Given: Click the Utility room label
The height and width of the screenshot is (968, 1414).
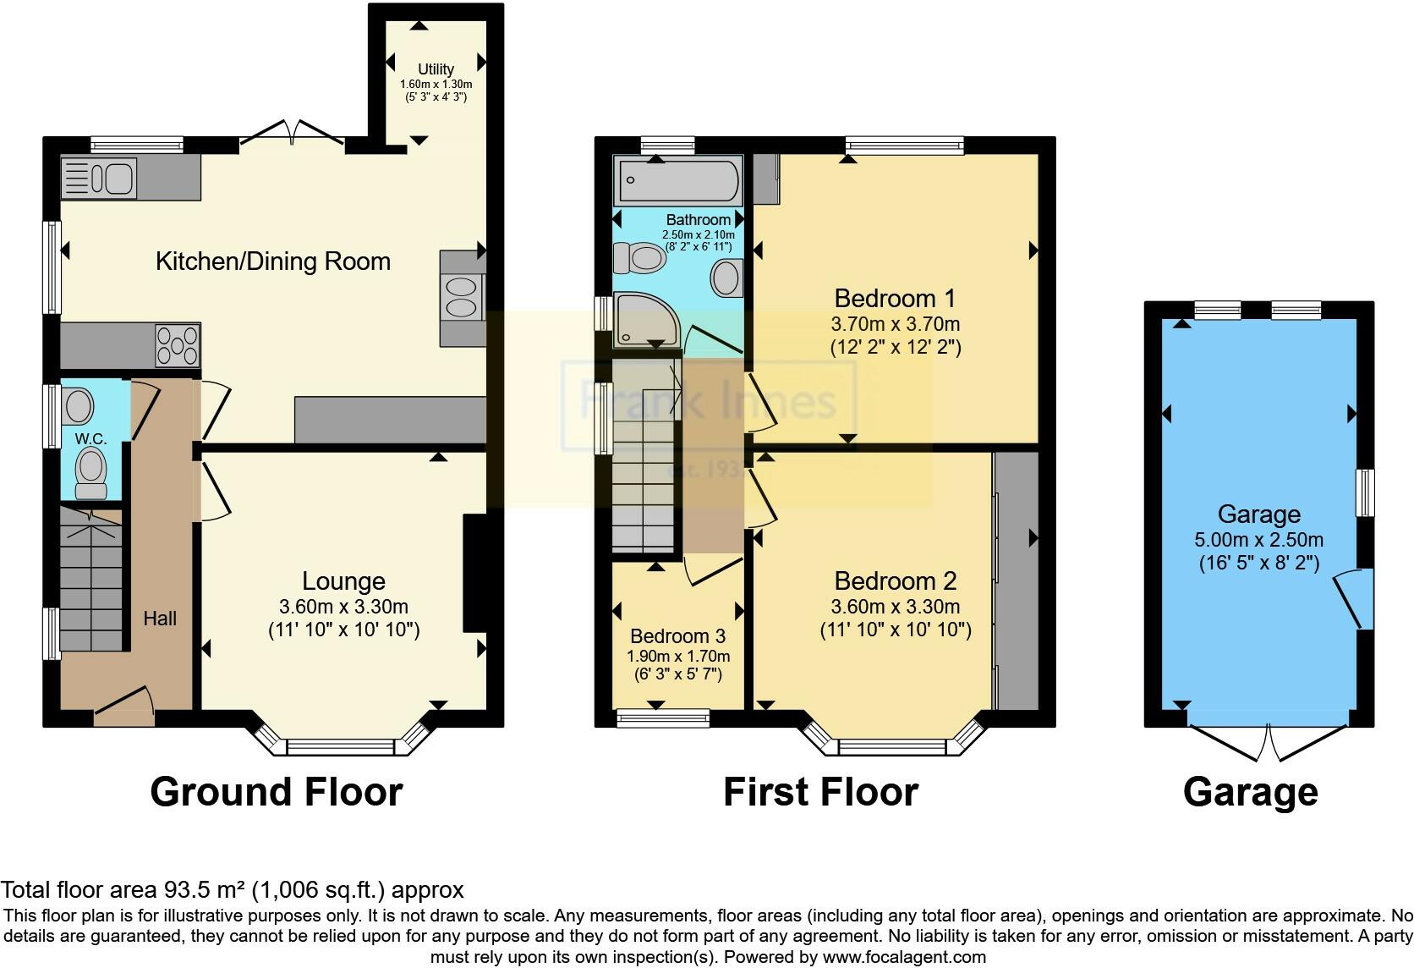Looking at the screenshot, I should (436, 69).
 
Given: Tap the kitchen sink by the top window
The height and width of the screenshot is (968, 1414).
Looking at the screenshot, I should (100, 179).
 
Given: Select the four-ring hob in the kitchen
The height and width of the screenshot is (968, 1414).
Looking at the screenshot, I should (178, 345).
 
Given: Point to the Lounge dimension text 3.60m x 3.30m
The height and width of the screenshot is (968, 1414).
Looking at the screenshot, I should (343, 607).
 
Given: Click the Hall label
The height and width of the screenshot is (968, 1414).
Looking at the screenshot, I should (160, 619).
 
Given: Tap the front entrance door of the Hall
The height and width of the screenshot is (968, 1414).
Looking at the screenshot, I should (124, 706).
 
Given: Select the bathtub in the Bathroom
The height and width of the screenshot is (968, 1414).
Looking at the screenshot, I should (677, 179).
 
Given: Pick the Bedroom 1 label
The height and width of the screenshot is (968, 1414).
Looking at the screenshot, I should (895, 299).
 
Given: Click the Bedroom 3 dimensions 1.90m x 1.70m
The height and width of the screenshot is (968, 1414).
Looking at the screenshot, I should (678, 657).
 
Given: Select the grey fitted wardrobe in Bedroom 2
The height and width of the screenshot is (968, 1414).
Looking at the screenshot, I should (1016, 580).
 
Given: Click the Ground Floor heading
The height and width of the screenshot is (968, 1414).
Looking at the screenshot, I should (276, 792).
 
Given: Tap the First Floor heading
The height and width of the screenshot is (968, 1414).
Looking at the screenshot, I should (820, 792).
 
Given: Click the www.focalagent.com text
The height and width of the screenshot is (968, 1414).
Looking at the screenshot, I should (904, 958).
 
